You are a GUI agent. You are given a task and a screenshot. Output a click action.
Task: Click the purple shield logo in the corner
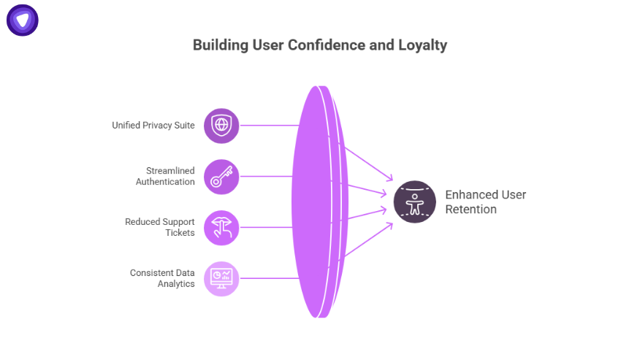[x=23, y=20]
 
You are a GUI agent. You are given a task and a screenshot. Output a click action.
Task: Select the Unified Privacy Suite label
[x=153, y=126]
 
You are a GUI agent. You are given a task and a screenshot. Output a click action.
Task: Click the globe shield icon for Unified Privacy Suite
[x=221, y=126]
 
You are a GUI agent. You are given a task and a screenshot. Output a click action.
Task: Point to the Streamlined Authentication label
[x=165, y=176]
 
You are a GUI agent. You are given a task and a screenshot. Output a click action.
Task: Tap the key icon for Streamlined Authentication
[x=221, y=177]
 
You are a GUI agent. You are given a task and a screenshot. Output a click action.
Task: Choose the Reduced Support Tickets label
[x=160, y=227]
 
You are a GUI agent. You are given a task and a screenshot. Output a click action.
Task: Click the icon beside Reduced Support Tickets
[x=221, y=227]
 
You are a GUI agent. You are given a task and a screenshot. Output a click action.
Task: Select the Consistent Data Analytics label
[x=162, y=278]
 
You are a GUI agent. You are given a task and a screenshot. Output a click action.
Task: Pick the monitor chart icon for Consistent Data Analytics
[x=221, y=278]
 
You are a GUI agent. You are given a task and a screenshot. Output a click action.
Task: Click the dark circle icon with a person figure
[x=415, y=202]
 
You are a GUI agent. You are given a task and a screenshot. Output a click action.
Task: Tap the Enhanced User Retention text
[x=486, y=202]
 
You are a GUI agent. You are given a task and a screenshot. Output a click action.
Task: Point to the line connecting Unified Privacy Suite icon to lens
[x=269, y=126]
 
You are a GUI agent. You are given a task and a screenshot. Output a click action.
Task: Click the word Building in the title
[x=217, y=45]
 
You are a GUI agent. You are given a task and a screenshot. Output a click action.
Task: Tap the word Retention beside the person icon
[x=471, y=210]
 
